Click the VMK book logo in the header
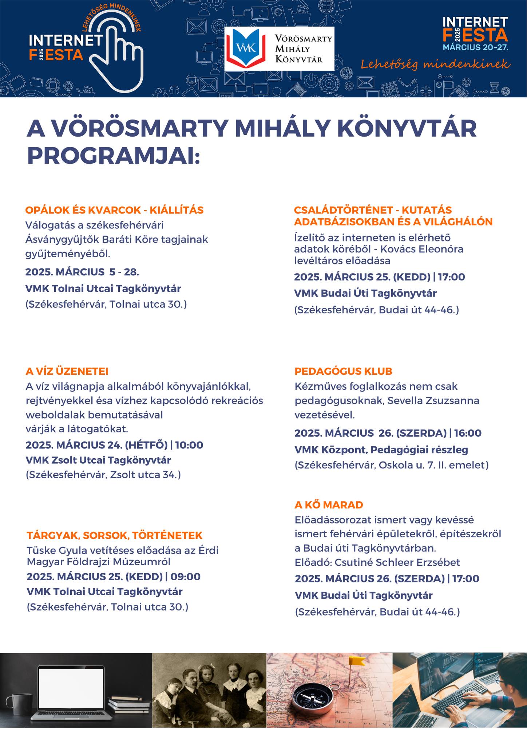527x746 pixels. click(x=244, y=48)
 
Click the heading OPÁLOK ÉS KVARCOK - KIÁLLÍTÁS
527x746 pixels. click(x=114, y=210)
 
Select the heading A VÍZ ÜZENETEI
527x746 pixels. click(x=67, y=371)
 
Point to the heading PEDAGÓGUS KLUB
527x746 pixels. click(x=343, y=371)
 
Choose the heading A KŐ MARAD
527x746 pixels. click(x=329, y=505)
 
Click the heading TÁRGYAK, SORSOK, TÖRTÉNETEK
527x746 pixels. click(x=114, y=535)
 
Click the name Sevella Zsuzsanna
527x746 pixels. click(x=433, y=401)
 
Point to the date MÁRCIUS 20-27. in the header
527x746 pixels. click(x=475, y=47)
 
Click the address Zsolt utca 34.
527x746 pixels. click(x=142, y=475)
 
